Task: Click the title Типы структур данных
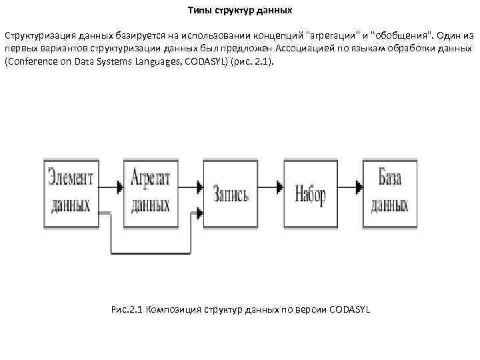click(239, 11)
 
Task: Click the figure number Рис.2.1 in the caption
click(125, 311)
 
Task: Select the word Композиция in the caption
click(173, 311)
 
